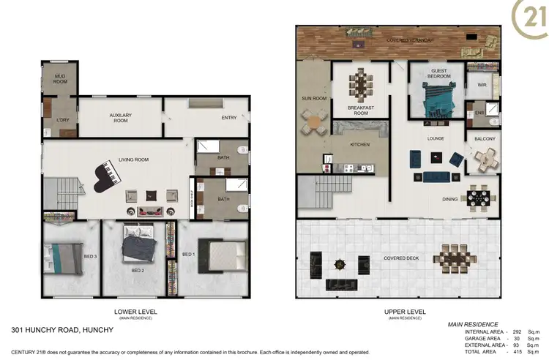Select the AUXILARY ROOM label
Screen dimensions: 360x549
[x=119, y=118]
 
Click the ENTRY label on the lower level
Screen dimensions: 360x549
[x=228, y=117]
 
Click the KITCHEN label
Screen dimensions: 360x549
[x=359, y=145]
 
